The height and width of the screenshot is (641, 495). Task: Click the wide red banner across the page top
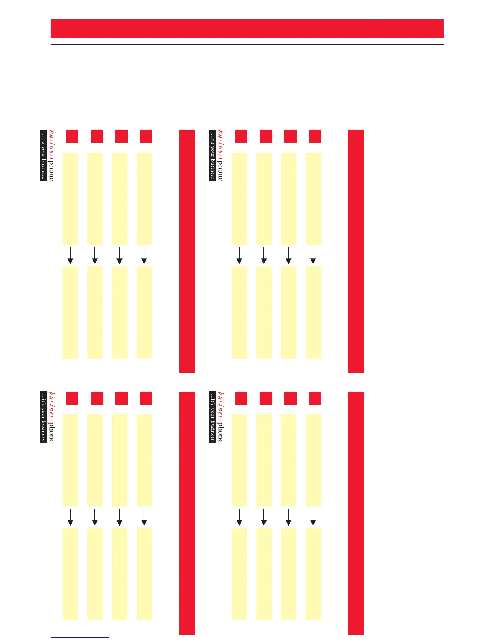247,29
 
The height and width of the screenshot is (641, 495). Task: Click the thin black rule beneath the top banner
247,44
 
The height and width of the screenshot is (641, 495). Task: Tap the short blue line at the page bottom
80,637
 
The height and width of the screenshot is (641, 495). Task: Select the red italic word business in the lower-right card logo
220,407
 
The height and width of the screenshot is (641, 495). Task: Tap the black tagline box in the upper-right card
212,155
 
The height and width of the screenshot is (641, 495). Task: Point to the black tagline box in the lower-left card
43,417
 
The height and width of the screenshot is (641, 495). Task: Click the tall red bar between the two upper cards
187,251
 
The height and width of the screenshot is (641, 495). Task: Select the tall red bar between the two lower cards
187,513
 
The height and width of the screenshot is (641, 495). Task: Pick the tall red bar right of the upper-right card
355,251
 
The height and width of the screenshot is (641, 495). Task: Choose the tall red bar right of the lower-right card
355,513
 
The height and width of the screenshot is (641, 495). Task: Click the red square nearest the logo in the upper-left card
72,136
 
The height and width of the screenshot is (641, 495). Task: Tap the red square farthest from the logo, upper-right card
315,136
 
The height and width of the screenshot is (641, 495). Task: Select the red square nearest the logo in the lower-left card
72,398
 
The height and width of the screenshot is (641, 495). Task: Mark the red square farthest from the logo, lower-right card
315,398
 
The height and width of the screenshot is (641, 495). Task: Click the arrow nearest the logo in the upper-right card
239,256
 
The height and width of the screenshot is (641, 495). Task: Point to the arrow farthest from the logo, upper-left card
144,256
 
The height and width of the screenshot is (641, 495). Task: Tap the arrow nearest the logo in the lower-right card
239,517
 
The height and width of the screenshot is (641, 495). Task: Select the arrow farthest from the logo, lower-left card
144,517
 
